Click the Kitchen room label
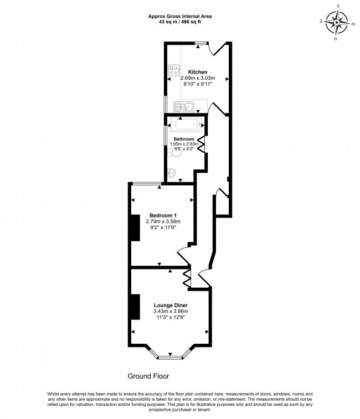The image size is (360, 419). pyautogui.click(x=198, y=72)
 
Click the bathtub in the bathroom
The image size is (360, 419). pyautogui.click(x=184, y=125)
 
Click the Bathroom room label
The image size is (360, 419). pyautogui.click(x=184, y=138)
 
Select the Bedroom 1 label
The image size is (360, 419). pyautogui.click(x=163, y=215)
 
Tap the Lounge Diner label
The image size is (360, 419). pyautogui.click(x=171, y=306)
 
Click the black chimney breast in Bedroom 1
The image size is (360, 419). pyautogui.click(x=133, y=227)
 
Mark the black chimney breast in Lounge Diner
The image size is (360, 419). pyautogui.click(x=133, y=306)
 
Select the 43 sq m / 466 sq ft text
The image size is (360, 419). pyautogui.click(x=179, y=22)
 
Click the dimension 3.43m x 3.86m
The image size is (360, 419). pyautogui.click(x=171, y=312)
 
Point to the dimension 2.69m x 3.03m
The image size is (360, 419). pyautogui.click(x=198, y=78)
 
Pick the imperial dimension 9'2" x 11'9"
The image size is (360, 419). pyautogui.click(x=163, y=227)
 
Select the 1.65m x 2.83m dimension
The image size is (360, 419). pyautogui.click(x=184, y=144)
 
